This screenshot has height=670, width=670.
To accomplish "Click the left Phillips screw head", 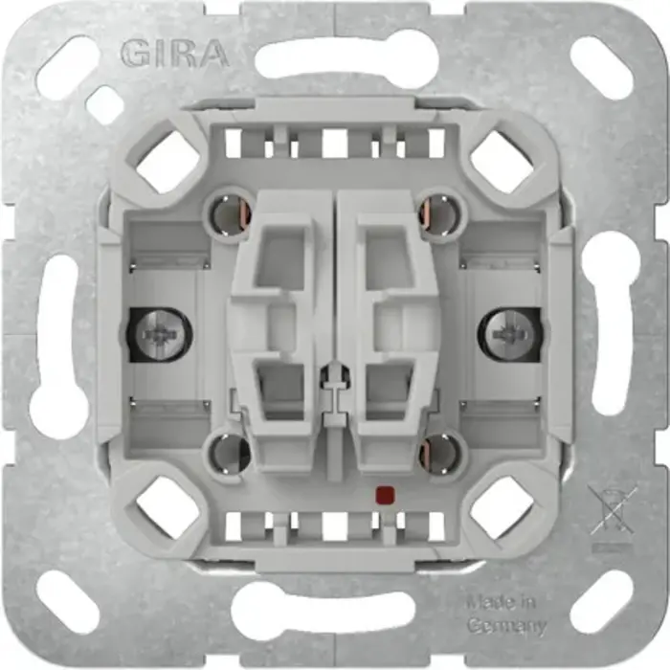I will tap(159, 334).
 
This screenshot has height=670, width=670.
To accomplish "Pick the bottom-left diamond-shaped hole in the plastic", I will tap(167, 506).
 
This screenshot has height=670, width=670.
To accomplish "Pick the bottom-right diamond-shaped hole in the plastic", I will tap(502, 506).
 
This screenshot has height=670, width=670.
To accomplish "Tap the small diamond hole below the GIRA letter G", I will tap(103, 104).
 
